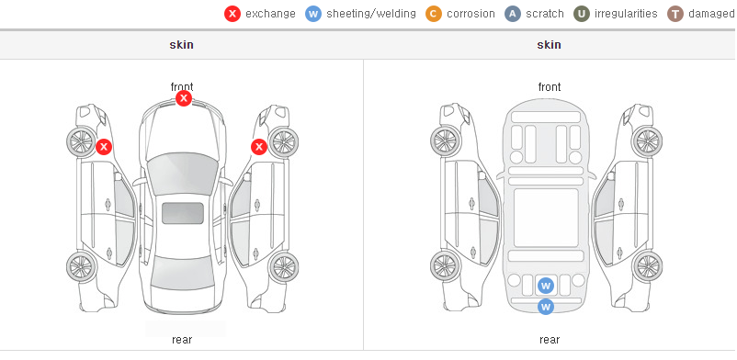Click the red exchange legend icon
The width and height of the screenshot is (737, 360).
tap(232, 14)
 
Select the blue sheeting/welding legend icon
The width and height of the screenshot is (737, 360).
tap(313, 14)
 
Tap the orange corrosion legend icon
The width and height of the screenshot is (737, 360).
tap(434, 14)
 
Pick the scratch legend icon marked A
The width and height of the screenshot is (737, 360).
tap(513, 14)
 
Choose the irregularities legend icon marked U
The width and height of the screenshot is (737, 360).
tap(582, 14)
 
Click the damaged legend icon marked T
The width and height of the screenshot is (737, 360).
tap(675, 14)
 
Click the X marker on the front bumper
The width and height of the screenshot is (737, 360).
tap(184, 98)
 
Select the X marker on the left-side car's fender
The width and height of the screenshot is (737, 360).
tap(104, 147)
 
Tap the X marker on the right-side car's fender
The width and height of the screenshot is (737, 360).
tap(259, 147)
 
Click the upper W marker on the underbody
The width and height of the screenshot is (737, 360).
tap(546, 285)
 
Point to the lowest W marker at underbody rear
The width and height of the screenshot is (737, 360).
tap(546, 307)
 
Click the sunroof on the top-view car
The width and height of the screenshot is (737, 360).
tap(183, 213)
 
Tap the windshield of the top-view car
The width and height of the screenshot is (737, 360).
tap(183, 174)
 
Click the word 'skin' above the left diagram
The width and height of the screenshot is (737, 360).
tap(181, 45)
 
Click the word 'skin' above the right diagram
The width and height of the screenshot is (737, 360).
tap(549, 45)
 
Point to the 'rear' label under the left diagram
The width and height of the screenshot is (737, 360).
tap(182, 340)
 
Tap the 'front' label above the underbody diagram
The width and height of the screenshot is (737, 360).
tap(550, 87)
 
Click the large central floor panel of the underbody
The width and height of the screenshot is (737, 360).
tap(546, 218)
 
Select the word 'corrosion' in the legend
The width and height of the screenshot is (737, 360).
tap(471, 14)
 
